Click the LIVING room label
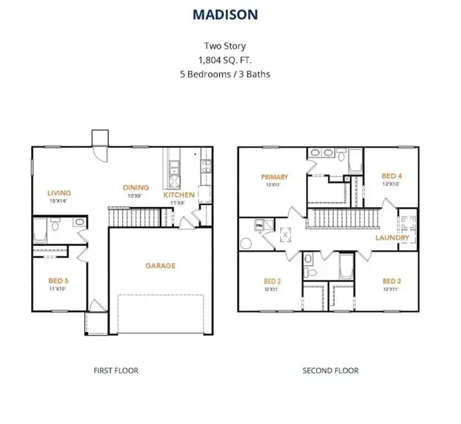coord(59,192)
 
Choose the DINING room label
coord(136,187)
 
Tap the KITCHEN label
coord(179,194)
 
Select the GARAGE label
coord(161,266)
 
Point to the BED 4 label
coord(391,176)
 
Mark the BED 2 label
coord(273,280)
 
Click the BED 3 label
coord(391,280)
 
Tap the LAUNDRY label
coord(392,238)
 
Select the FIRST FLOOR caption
coord(116,370)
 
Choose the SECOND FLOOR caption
coord(330,370)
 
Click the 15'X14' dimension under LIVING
coord(59,201)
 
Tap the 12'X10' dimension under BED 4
coord(391,184)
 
